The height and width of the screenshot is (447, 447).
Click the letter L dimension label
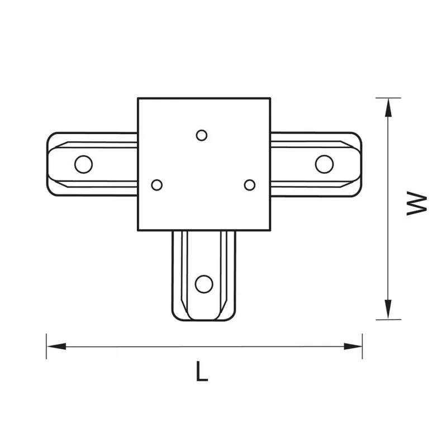202,371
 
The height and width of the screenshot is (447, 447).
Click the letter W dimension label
417,203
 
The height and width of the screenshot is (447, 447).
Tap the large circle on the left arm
83,164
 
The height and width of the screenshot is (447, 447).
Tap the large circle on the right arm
325,164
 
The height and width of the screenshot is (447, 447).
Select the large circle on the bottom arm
204,284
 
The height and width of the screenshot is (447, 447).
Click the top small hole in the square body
202,135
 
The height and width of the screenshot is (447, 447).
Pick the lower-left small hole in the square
157,185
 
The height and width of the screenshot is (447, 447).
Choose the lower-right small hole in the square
250,185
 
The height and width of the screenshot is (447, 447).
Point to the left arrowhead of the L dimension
56,346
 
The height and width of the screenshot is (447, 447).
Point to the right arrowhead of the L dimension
353,346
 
